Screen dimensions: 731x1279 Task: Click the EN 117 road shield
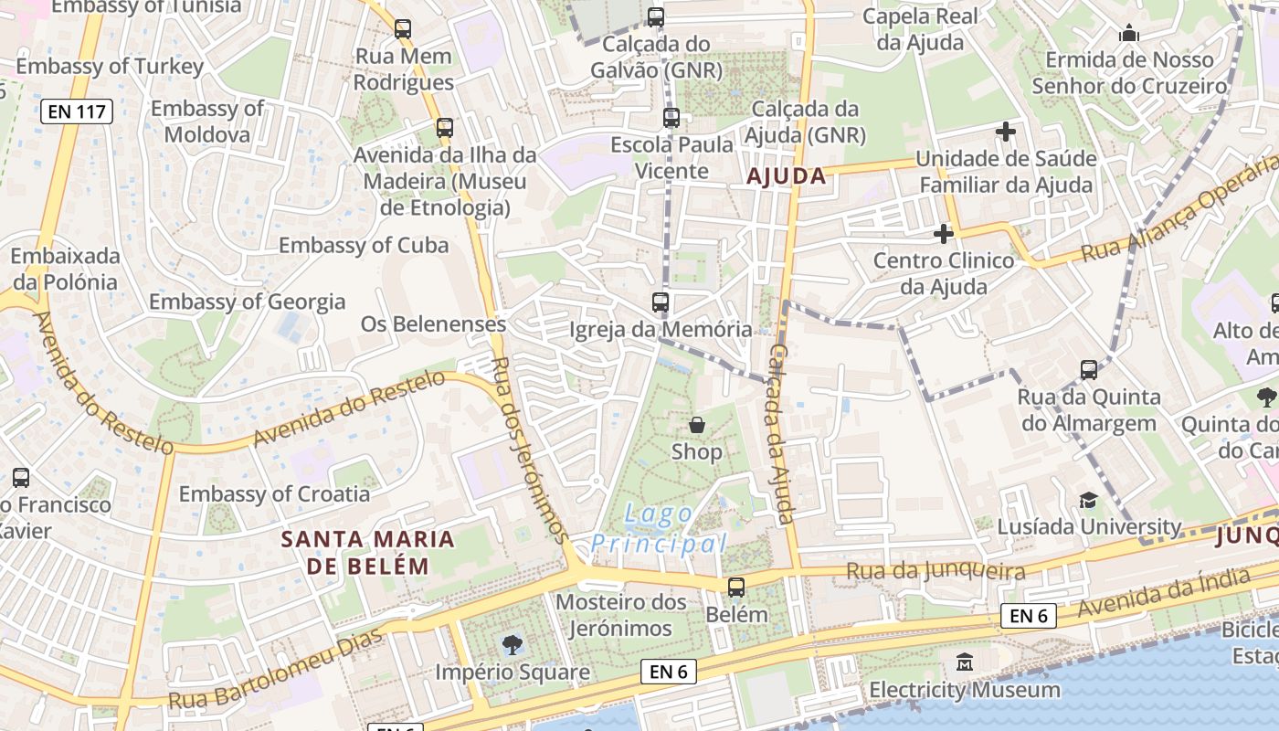click(77, 112)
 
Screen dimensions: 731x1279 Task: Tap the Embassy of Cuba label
click(364, 245)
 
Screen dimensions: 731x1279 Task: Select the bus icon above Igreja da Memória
click(661, 302)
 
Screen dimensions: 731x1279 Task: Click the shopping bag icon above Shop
click(697, 425)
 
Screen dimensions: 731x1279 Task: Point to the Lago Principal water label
click(659, 529)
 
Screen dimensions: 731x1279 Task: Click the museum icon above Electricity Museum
click(965, 662)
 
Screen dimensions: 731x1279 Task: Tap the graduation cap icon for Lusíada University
click(1088, 500)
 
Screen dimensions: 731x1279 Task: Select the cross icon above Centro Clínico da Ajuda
click(944, 234)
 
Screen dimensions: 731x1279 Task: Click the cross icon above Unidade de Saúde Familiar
click(1006, 132)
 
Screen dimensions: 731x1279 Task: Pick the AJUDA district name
click(787, 176)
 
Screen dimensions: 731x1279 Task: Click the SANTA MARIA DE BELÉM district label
click(367, 552)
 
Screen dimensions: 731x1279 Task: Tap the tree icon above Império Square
click(513, 645)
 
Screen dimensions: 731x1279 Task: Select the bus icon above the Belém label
click(736, 588)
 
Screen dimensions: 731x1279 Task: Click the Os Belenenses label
click(433, 323)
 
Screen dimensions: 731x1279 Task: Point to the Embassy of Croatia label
click(274, 494)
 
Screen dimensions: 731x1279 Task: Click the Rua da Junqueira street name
click(935, 572)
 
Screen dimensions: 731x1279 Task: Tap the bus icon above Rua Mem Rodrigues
click(403, 29)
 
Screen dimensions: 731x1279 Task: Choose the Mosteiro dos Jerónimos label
click(621, 615)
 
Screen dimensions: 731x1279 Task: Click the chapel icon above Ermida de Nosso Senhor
click(1129, 35)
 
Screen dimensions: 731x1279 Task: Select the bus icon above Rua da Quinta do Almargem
click(1089, 370)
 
